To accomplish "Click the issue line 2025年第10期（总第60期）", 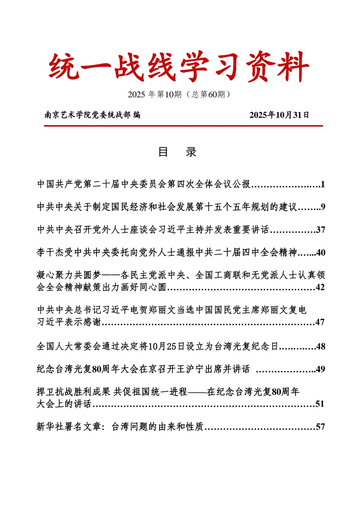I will (x=179, y=95).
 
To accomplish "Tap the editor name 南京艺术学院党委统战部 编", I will (x=92, y=115).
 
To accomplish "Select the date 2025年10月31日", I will (x=279, y=115).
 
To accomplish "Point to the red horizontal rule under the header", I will (x=183, y=126).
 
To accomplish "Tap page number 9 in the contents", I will (x=323, y=207).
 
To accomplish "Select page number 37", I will (x=320, y=230).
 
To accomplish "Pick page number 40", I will (x=320, y=253).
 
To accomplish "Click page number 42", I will (x=320, y=287).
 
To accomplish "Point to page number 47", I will (x=320, y=322).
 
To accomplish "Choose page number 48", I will (x=320, y=346).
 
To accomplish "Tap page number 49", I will (x=320, y=369).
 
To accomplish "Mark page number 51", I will (x=320, y=404).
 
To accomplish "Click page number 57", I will (x=320, y=427).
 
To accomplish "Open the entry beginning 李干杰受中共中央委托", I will (x=167, y=253).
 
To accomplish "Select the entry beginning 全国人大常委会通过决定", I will (x=158, y=346).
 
